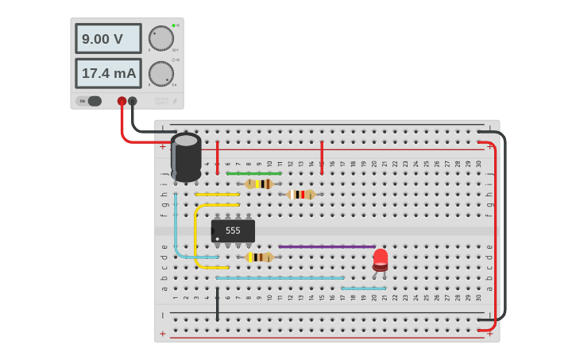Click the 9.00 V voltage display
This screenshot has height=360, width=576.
click(x=108, y=38)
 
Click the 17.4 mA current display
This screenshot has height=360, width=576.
click(x=108, y=73)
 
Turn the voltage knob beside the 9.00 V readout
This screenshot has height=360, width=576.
click(x=161, y=38)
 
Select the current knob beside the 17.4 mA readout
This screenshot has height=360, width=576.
click(x=161, y=74)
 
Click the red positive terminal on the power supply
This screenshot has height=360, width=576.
click(x=122, y=101)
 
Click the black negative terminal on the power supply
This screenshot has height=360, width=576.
click(x=133, y=101)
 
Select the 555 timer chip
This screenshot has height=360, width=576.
click(x=233, y=230)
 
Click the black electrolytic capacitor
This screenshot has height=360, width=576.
click(x=186, y=157)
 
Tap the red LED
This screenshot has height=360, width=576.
click(x=381, y=260)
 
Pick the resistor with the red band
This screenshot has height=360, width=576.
click(x=301, y=195)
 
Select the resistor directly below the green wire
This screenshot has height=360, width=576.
click(x=259, y=184)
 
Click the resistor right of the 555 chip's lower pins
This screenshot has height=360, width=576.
click(x=259, y=257)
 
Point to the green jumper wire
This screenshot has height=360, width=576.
click(x=254, y=173)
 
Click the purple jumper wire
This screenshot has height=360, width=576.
click(x=327, y=246)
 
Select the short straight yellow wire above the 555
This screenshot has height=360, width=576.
click(x=217, y=194)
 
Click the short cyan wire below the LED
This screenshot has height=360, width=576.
click(x=364, y=288)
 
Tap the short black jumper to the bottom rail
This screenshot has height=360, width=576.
click(x=217, y=304)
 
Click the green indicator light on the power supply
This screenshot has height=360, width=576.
click(x=173, y=25)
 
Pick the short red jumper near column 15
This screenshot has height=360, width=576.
click(x=322, y=157)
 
